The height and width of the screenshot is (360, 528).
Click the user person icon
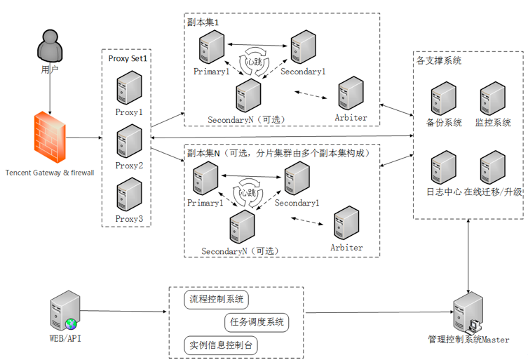point(49,48)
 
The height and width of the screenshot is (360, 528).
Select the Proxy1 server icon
point(128,87)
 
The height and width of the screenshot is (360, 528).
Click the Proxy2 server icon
point(128,141)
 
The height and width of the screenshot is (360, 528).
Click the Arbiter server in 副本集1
point(351,93)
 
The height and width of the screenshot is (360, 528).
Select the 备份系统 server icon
point(444,99)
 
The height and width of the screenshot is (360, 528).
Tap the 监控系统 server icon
point(493,99)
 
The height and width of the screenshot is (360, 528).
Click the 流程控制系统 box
point(217,300)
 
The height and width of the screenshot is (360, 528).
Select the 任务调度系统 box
point(257,323)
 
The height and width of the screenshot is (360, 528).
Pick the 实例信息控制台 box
point(219,345)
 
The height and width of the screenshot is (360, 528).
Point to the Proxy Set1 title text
point(128,58)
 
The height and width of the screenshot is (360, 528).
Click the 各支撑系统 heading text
point(439,61)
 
